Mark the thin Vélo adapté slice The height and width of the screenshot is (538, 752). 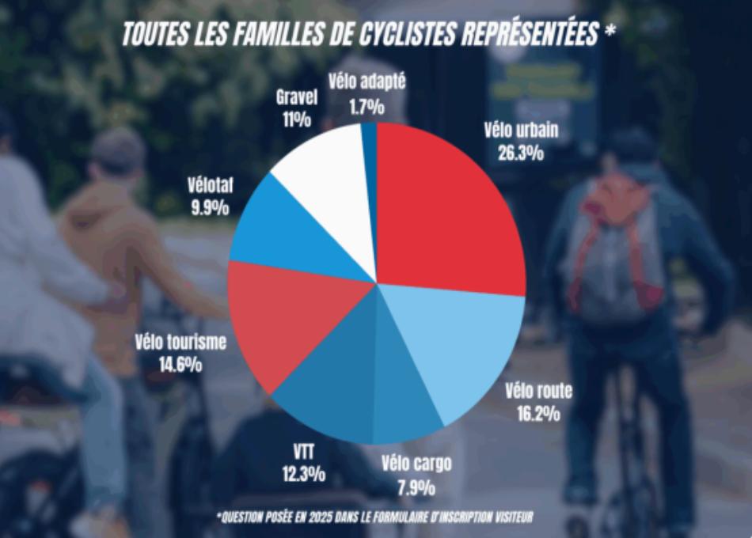[369, 138]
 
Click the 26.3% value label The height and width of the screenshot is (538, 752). [521, 153]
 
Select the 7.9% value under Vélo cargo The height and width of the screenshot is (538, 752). [416, 484]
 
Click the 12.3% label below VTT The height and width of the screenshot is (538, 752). [303, 475]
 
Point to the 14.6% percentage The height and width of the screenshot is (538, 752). [180, 365]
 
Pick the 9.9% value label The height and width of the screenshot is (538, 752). [210, 209]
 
